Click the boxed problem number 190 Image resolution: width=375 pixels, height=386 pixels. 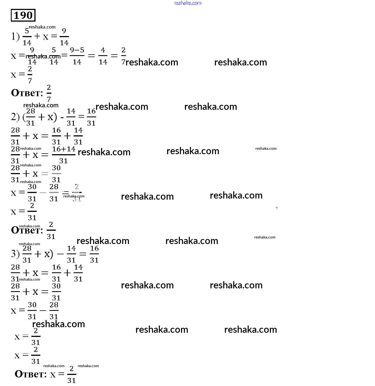tap(23, 15)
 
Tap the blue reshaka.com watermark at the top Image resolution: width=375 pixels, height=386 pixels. tap(188, 3)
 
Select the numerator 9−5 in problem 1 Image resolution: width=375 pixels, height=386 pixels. tap(77, 50)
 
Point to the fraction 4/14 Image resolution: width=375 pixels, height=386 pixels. tap(103, 56)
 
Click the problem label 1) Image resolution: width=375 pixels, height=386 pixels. tap(15, 36)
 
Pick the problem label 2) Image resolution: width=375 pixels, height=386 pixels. tap(15, 117)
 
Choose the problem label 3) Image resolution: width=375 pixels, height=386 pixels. tap(15, 254)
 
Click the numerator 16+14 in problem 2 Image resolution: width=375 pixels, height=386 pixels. tap(64, 149)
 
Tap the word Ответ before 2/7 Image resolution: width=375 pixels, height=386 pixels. tap(27, 93)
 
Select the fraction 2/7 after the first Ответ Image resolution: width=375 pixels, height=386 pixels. tap(49, 93)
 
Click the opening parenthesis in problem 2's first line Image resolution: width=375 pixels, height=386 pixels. tap(24, 117)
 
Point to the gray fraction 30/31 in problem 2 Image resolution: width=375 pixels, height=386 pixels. tap(56, 174)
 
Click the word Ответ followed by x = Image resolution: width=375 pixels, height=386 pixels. tap(31, 374)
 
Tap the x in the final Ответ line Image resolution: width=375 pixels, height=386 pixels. tap(53, 375)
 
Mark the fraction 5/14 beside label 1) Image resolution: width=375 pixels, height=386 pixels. tap(27, 37)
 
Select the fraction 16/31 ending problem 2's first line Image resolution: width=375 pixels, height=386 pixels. tap(91, 117)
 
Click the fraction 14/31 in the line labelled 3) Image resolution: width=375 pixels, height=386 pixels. tap(71, 254)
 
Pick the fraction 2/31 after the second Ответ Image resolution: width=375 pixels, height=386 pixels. tap(51, 230)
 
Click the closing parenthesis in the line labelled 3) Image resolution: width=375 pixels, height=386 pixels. tap(51, 254)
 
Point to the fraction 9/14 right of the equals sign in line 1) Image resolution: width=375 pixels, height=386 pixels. tap(64, 37)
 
